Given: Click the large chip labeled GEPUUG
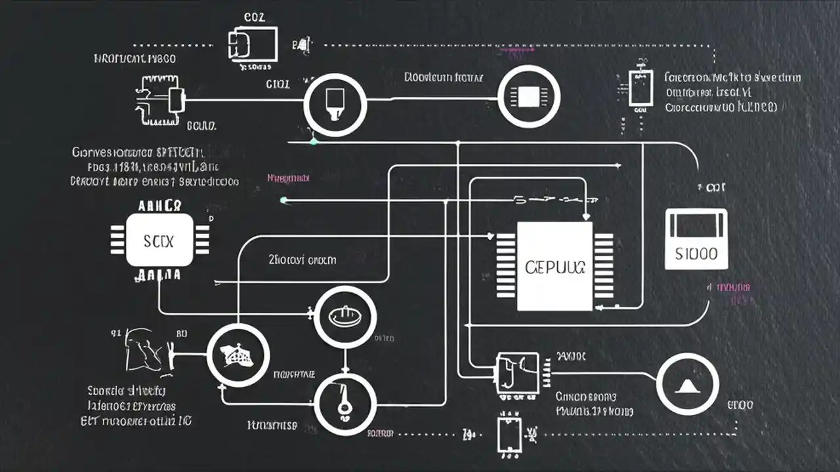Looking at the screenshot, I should pyautogui.click(x=555, y=266).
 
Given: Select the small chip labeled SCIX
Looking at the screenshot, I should pyautogui.click(x=159, y=241).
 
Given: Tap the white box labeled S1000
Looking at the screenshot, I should pyautogui.click(x=696, y=239).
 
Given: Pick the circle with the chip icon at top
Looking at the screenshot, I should pyautogui.click(x=529, y=97).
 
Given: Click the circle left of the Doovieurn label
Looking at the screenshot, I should pyautogui.click(x=335, y=104).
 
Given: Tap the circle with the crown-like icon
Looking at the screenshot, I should pyautogui.click(x=238, y=356).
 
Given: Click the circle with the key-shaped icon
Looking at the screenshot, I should pyautogui.click(x=345, y=402).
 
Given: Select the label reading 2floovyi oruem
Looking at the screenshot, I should pyautogui.click(x=303, y=260).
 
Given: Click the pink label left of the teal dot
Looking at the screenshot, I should pyautogui.click(x=289, y=178).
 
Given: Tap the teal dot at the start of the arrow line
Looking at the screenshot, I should pyautogui.click(x=283, y=200).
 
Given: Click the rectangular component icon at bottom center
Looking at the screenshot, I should pyautogui.click(x=509, y=433).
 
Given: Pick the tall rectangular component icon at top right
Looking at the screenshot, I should pyautogui.click(x=640, y=88).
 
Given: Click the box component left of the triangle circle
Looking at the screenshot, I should pyautogui.click(x=517, y=374).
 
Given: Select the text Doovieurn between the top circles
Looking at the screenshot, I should pyautogui.click(x=444, y=77).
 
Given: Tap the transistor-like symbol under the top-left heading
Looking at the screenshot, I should pyautogui.click(x=161, y=100).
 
